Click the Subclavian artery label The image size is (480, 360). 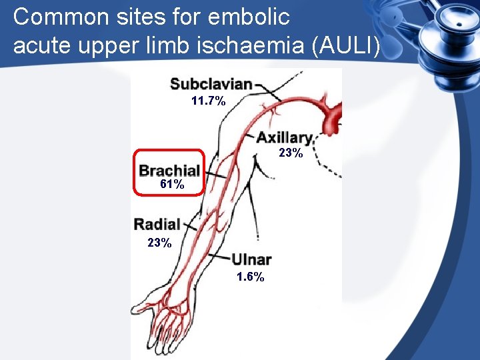pos(211,84)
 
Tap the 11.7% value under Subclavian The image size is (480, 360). pos(208,101)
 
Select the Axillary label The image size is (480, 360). pos(285,138)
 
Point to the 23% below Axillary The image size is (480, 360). pos(291,153)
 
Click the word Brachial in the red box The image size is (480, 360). pos(169,170)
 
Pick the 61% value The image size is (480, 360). pos(173,185)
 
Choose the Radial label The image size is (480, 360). pos(157,224)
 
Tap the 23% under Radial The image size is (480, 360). pos(159,243)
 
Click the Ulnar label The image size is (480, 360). pos(251,260)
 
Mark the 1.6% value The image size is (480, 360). pos(250,277)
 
